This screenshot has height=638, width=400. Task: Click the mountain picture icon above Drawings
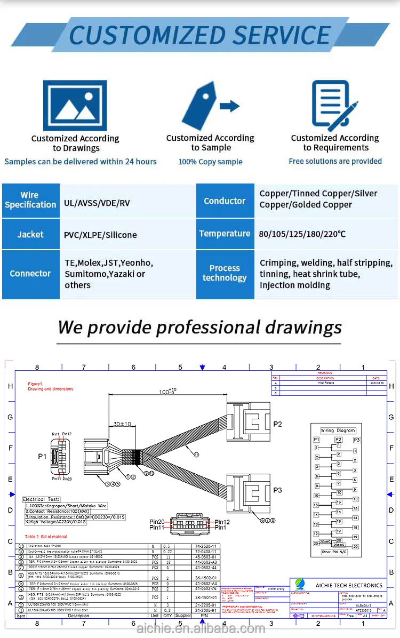coord(75,105)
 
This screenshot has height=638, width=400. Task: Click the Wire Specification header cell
coord(30,200)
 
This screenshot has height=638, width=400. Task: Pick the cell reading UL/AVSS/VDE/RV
coord(97,203)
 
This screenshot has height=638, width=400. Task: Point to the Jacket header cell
coord(30,234)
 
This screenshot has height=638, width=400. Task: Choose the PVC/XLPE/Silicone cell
coord(100,235)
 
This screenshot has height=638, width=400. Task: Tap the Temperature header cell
coord(225,234)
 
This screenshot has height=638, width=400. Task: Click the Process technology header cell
coord(225,273)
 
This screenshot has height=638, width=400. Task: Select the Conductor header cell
coord(225,201)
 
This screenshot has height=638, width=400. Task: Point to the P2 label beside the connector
coord(277,424)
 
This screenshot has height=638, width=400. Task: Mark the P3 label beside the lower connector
coord(277,490)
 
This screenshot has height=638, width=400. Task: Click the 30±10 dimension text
coord(122,424)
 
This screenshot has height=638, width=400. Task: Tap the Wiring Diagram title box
coord(338,430)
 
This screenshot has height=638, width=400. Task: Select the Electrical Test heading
coord(41,499)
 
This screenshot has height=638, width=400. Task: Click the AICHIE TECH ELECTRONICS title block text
coord(349,585)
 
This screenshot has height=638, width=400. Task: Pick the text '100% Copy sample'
coord(210,162)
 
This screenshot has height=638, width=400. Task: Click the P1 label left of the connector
coord(42,457)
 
